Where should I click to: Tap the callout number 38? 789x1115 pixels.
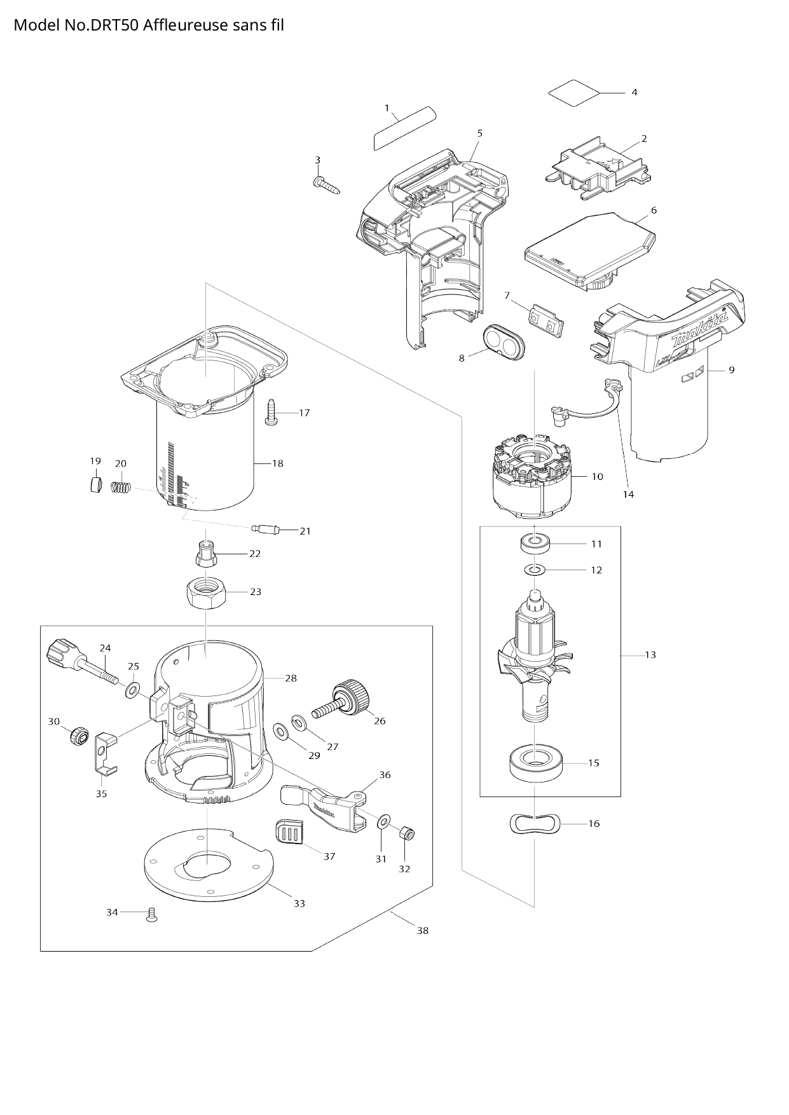(422, 931)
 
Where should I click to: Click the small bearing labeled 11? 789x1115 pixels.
(534, 544)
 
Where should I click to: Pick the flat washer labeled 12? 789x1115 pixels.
(534, 570)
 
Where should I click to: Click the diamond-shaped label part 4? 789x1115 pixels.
(573, 93)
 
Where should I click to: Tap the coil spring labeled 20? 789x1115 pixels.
(121, 488)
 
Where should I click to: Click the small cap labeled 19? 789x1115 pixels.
(95, 486)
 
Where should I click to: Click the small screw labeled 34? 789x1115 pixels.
(151, 915)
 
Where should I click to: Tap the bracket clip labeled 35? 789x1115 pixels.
(105, 754)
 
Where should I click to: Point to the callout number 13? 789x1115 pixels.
(650, 655)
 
